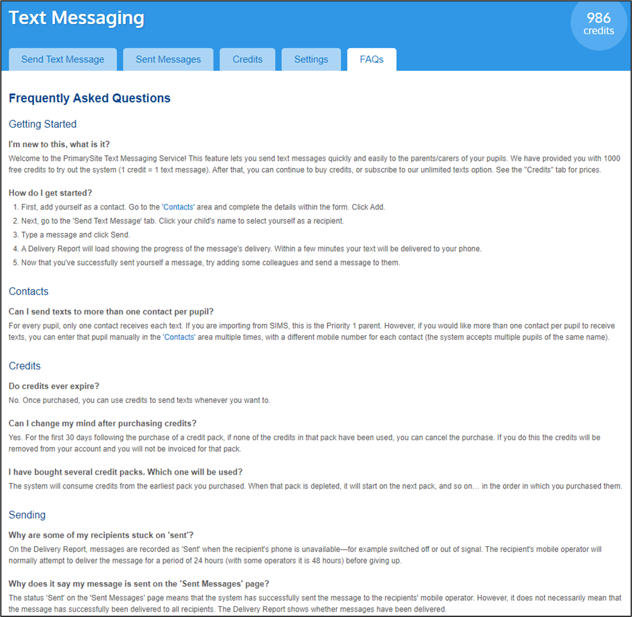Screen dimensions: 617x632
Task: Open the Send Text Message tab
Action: click(63, 60)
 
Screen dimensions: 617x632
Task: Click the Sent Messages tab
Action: click(168, 60)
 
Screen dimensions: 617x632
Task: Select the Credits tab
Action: click(248, 60)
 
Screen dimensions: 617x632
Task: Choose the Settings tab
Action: click(311, 60)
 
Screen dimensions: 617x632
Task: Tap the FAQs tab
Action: click(372, 60)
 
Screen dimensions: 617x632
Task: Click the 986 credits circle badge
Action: click(599, 24)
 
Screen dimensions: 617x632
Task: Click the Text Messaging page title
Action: click(76, 18)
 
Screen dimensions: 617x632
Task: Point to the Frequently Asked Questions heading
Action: click(90, 98)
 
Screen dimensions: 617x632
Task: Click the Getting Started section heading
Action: click(43, 124)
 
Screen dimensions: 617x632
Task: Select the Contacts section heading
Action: click(29, 292)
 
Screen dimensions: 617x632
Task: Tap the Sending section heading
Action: click(27, 515)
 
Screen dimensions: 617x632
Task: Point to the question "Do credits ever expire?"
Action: click(55, 386)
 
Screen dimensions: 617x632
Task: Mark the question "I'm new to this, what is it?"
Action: click(60, 144)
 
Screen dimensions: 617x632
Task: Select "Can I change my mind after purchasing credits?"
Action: click(102, 423)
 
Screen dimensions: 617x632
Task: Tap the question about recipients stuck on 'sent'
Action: click(101, 535)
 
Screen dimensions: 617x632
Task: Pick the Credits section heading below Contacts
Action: click(25, 366)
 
